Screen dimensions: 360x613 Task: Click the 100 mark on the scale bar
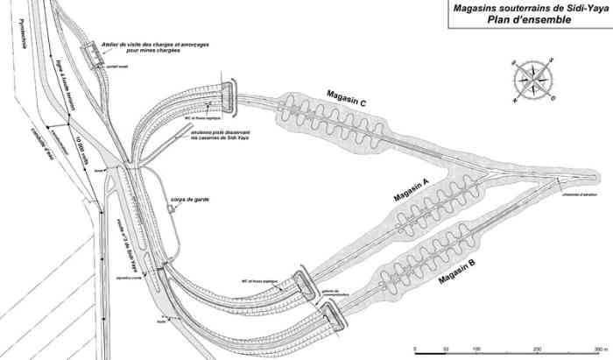[x=477, y=348]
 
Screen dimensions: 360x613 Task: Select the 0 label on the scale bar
[x=417, y=348]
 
